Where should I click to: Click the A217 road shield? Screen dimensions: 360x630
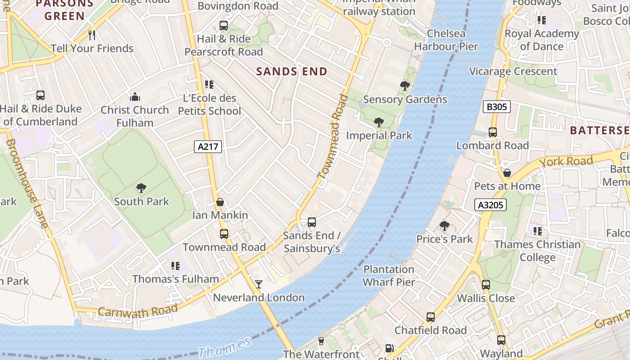(x=208, y=146)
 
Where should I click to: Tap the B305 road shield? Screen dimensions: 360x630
(x=496, y=107)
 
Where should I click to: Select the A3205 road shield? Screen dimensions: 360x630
(x=490, y=205)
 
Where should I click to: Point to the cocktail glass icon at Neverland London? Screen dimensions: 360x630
(x=259, y=284)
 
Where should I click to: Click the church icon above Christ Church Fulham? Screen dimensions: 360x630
(x=135, y=97)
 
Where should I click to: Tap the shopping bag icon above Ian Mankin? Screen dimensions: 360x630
(x=220, y=202)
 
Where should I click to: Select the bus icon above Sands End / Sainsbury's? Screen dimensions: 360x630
(x=311, y=222)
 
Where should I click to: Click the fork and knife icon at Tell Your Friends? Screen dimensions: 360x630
(x=92, y=35)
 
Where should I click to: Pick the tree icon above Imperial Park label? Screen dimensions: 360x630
(x=379, y=122)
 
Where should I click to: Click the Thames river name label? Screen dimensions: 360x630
(x=224, y=347)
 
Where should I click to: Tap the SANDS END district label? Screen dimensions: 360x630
(x=292, y=72)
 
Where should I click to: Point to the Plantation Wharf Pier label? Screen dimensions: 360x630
(x=389, y=275)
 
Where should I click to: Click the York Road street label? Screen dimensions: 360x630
(x=566, y=162)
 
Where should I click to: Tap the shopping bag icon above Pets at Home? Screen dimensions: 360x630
(x=507, y=173)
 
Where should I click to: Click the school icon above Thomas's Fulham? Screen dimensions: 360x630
(x=175, y=266)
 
